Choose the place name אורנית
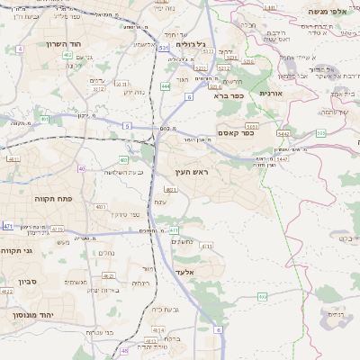point(271,93)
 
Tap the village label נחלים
point(106,253)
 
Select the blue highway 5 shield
point(127,126)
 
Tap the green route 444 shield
point(166,86)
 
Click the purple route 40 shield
point(81,167)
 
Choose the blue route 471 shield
point(8,226)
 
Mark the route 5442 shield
point(282,133)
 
